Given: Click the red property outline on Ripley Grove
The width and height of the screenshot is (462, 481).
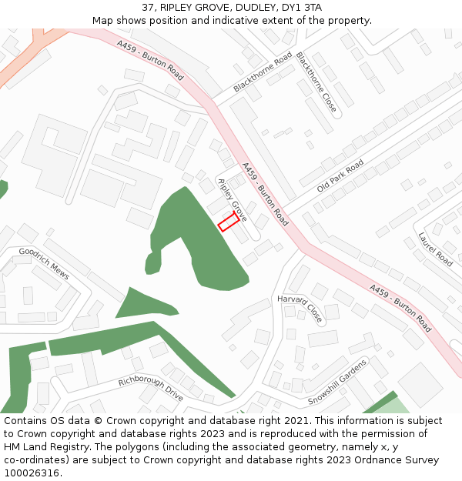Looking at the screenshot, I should point(228,223).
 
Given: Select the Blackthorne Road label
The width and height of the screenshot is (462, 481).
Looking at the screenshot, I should point(263,73).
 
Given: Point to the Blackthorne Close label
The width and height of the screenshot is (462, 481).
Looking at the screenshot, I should point(316,83).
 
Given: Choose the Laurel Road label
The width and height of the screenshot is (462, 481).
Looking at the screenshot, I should point(435,249).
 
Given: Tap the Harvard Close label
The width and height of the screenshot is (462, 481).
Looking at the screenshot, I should point(300,308).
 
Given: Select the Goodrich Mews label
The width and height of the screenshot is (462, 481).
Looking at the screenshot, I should point(44,263).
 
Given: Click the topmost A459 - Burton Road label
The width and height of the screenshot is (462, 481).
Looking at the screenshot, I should point(151,62).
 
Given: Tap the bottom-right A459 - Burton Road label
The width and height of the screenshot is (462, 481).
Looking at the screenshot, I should point(400,309).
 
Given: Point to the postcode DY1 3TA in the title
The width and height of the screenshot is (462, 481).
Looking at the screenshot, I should point(302,8).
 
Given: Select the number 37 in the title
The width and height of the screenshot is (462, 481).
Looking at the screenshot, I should point(148,8).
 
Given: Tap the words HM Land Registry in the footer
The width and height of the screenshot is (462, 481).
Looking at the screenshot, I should point(42,447).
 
